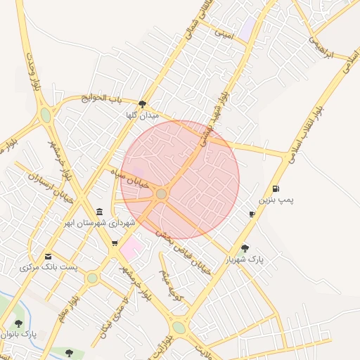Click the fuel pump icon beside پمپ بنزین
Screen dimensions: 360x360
click(x=274, y=188)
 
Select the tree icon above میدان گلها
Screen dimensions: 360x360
click(x=142, y=104)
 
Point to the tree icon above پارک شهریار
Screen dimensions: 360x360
click(x=245, y=248)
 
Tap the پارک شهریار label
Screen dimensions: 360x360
click(x=244, y=260)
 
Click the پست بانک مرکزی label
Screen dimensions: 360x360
click(x=49, y=268)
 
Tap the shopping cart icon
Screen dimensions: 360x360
click(x=115, y=243)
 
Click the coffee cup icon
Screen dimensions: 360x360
click(x=252, y=214)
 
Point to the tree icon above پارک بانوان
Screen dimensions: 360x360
click(x=18, y=323)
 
